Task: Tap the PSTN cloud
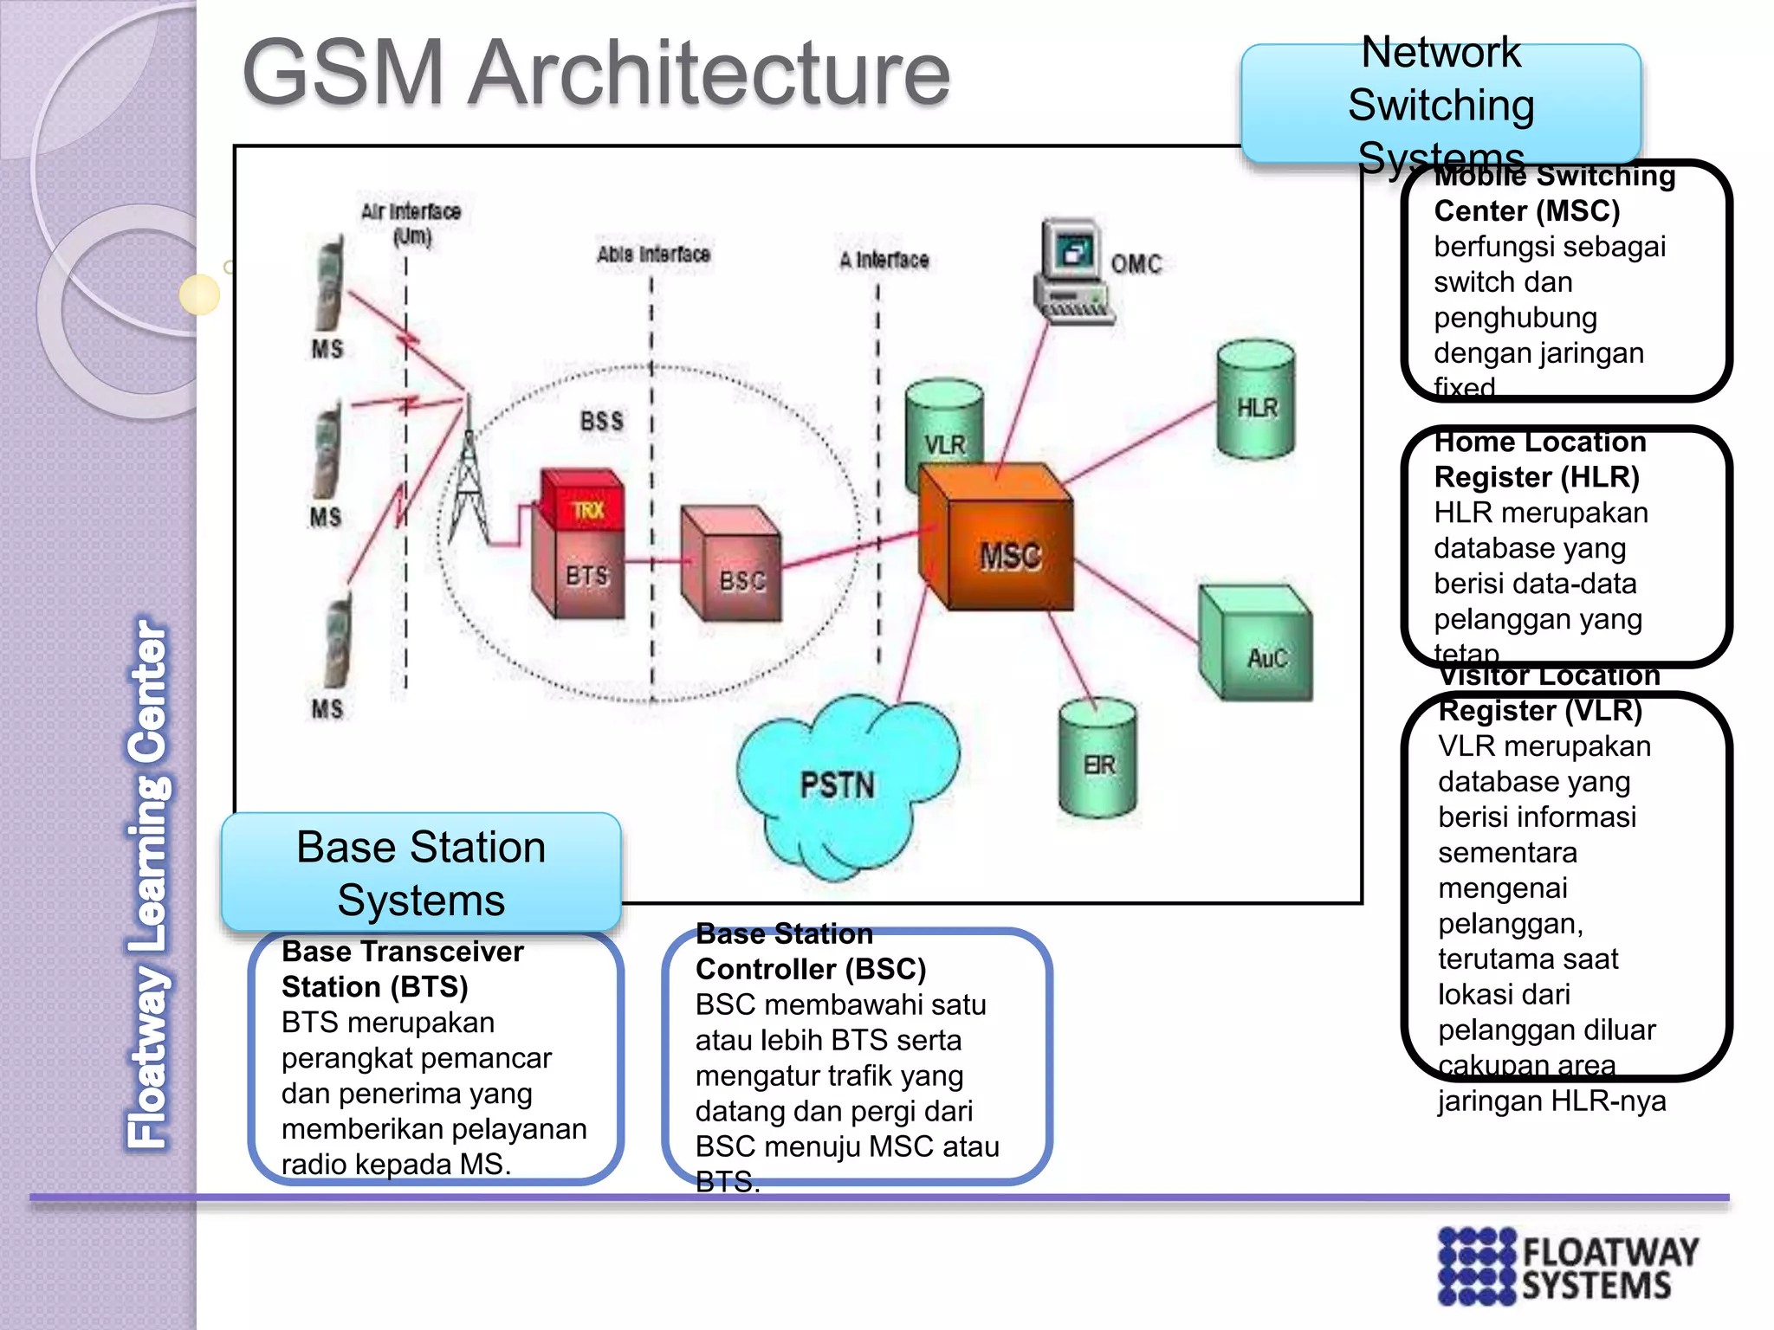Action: point(840,784)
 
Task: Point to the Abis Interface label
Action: point(653,255)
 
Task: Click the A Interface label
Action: point(884,260)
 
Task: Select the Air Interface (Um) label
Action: point(411,223)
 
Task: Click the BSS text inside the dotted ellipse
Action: point(601,422)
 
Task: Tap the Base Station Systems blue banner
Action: point(421,873)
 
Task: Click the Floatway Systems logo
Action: point(1568,1265)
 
